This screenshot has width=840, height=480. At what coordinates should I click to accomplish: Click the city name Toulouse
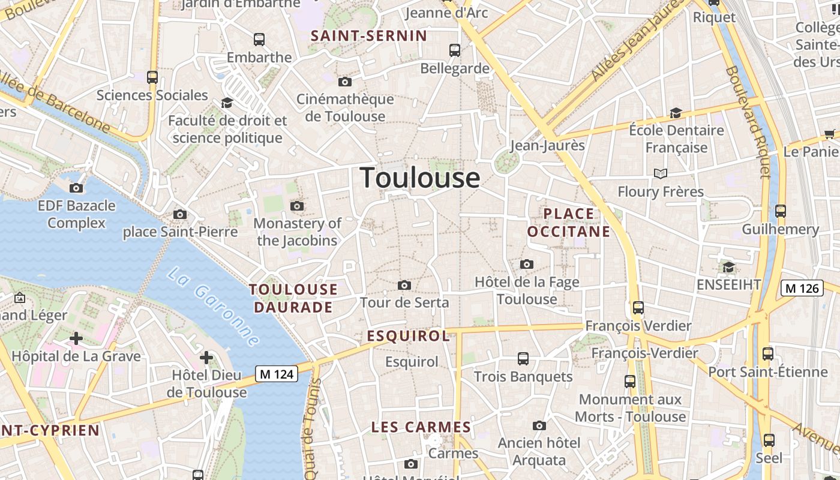[420, 178]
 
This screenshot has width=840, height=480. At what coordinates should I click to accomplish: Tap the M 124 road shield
[277, 374]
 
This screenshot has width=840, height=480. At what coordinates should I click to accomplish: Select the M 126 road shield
[802, 288]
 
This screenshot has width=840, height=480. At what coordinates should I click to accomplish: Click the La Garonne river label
[213, 307]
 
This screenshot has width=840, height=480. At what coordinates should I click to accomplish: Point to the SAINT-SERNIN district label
[369, 36]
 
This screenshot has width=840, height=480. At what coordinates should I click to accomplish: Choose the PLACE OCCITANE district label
[568, 223]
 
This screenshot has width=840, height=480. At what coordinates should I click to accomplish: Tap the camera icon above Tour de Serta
[404, 285]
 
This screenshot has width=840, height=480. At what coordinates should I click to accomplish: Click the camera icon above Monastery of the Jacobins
[296, 206]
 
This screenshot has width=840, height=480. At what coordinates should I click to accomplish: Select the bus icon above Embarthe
[259, 40]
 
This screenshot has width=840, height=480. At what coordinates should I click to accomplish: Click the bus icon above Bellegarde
[455, 50]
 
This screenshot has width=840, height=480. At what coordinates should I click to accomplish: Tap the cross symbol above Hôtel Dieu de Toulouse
[206, 358]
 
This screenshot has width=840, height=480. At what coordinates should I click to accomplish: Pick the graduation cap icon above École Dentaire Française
[676, 113]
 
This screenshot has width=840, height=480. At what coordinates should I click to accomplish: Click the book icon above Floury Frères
[660, 173]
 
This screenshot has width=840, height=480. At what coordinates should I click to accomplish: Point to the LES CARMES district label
[421, 427]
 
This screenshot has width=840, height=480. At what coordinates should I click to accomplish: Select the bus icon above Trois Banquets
[523, 359]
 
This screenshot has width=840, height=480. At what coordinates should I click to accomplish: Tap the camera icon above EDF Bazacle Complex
[76, 188]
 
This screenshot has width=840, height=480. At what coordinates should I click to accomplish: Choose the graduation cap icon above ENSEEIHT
[728, 267]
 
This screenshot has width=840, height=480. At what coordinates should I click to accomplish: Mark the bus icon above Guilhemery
[780, 211]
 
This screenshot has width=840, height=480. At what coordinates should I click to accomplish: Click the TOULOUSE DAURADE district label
[293, 298]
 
